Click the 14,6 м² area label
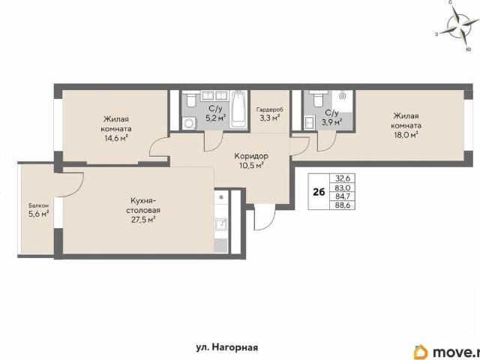click(x=116, y=138)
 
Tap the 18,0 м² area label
click(x=406, y=135)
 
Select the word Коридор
click(x=251, y=156)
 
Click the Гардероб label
click(x=270, y=109)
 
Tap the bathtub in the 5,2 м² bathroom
click(x=238, y=110)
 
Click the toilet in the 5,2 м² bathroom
click(x=191, y=100)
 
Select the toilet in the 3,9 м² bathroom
click(x=317, y=99)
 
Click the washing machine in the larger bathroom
click(x=189, y=124)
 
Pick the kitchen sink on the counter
click(x=220, y=224)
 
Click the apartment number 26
click(x=319, y=192)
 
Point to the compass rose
click(x=458, y=25)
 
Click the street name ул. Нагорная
click(x=226, y=347)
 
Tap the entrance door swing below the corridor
click(x=265, y=219)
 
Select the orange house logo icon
click(x=421, y=352)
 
